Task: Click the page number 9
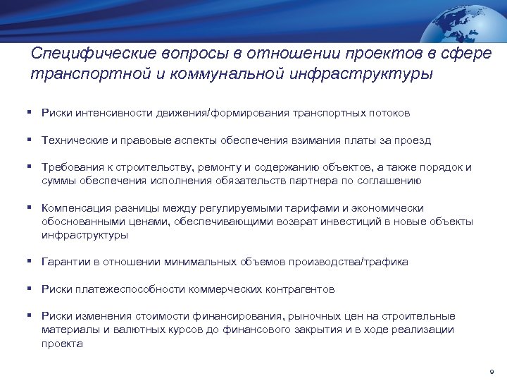[x=491, y=370]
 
